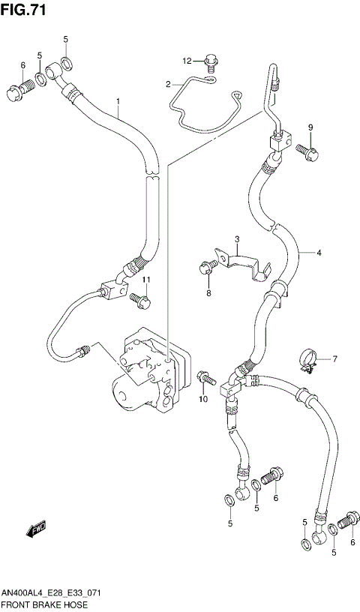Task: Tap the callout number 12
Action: click(187, 61)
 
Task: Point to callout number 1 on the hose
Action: click(118, 101)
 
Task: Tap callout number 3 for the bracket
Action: click(235, 240)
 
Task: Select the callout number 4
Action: click(318, 253)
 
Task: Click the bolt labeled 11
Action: click(139, 299)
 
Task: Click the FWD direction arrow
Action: click(36, 531)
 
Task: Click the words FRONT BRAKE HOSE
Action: click(44, 604)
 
